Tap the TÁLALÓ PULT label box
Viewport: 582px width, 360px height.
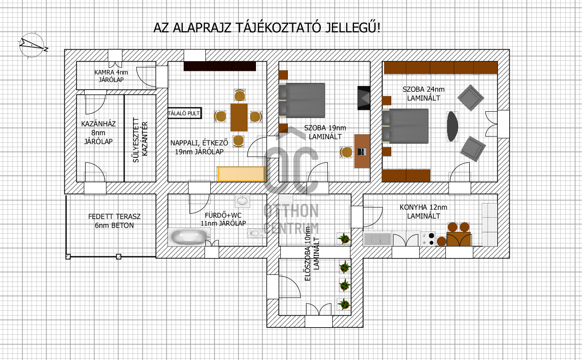coord(185,113)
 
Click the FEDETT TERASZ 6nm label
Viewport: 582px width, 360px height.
coord(114,221)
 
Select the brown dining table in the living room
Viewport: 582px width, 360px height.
coord(239,117)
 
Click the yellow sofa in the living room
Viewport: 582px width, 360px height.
coord(241,174)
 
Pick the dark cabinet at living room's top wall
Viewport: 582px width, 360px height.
coord(220,66)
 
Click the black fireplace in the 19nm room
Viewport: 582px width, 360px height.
coord(364,98)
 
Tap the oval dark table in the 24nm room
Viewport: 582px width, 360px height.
coord(452,126)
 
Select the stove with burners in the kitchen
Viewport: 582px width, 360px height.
coord(428,239)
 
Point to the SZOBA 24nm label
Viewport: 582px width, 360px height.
coord(423,93)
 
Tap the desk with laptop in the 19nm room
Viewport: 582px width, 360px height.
coord(362,151)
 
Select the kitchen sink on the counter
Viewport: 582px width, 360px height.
coord(377,239)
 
